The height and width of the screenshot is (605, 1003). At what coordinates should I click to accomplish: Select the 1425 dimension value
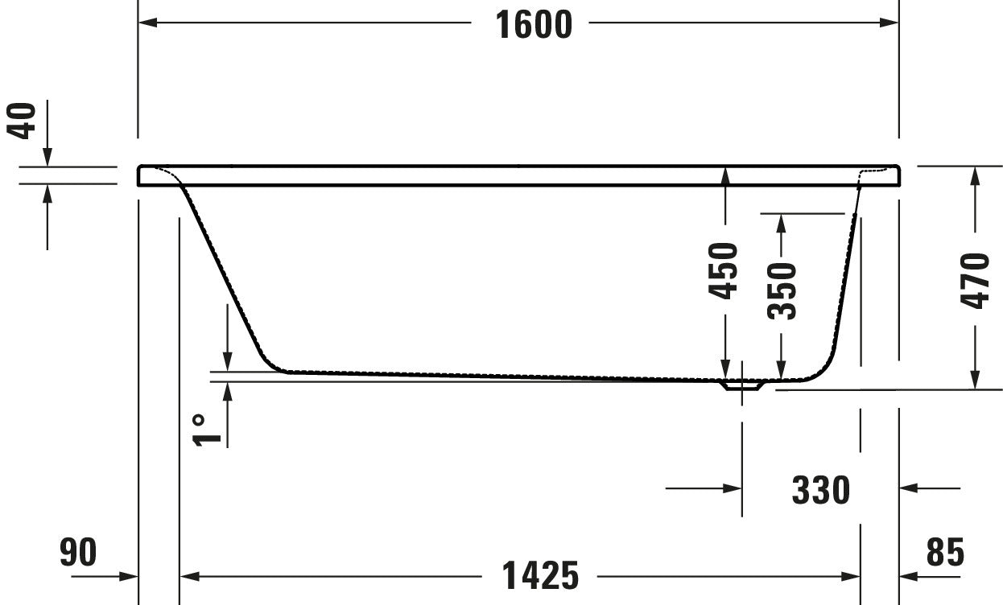tap(540, 575)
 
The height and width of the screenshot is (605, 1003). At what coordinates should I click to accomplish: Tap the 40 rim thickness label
tap(24, 121)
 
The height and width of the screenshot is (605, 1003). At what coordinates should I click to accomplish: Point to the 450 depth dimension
tap(725, 271)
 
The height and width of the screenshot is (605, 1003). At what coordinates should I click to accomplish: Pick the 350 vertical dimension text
tap(781, 290)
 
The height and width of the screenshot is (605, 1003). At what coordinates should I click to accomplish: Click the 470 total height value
tap(975, 280)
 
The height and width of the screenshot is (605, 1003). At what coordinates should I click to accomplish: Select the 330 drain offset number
tap(820, 489)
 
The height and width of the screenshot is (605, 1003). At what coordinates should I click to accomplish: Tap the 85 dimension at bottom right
tap(944, 553)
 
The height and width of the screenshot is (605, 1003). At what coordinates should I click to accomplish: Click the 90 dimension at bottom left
tap(78, 553)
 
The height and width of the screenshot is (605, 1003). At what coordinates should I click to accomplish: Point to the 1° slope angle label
tap(207, 428)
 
